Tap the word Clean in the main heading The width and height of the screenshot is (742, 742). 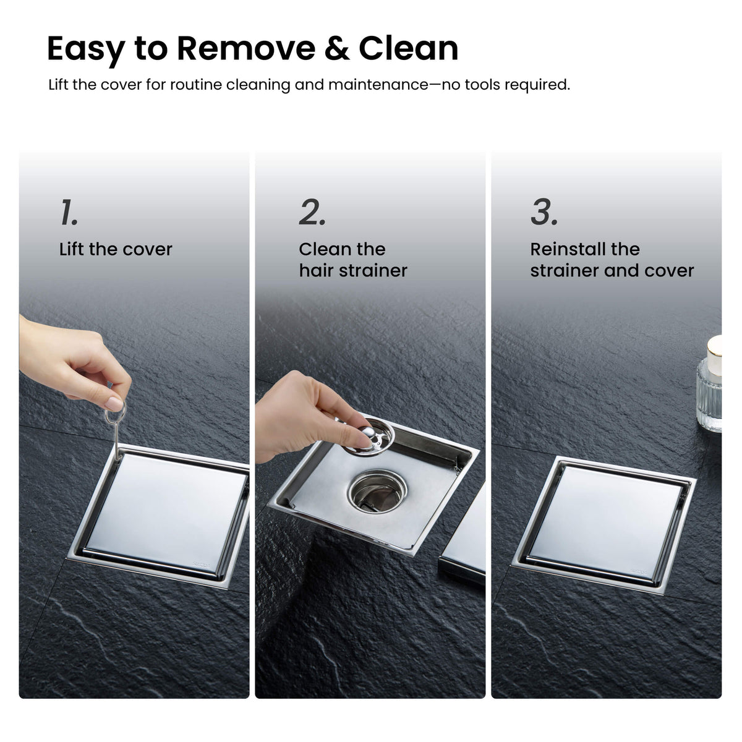tap(409, 48)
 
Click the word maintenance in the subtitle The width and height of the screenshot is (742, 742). tap(378, 84)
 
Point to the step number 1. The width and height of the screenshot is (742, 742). tap(69, 212)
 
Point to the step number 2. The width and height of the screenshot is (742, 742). tap(312, 212)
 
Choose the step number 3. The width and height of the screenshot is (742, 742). tap(544, 212)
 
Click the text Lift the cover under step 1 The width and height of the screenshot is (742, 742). tap(116, 249)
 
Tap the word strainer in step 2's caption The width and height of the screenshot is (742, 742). tap(373, 270)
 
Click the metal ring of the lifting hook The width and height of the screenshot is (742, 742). tap(116, 414)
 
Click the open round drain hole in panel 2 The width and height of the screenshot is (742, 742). tap(377, 491)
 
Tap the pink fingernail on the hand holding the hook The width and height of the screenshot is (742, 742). tap(114, 403)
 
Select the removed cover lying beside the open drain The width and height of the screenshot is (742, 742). tap(463, 539)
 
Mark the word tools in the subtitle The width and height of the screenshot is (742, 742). tap(483, 84)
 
